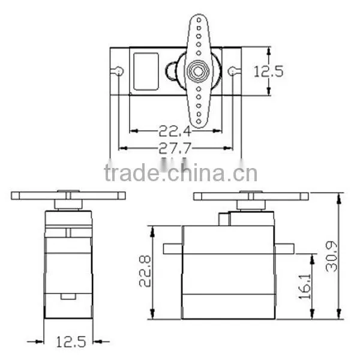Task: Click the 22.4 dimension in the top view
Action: pyautogui.click(x=175, y=131)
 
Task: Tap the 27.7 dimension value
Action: pyautogui.click(x=175, y=148)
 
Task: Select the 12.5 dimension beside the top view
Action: pyautogui.click(x=268, y=71)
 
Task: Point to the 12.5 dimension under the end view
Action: pyautogui.click(x=71, y=342)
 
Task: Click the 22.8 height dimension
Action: pyautogui.click(x=145, y=271)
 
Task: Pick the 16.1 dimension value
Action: pyautogui.click(x=305, y=287)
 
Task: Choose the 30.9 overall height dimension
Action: pyautogui.click(x=332, y=256)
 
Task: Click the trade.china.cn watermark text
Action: pyautogui.click(x=181, y=173)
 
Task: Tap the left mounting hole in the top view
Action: pyautogui.click(x=119, y=71)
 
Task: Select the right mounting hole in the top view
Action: pyautogui.click(x=232, y=71)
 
